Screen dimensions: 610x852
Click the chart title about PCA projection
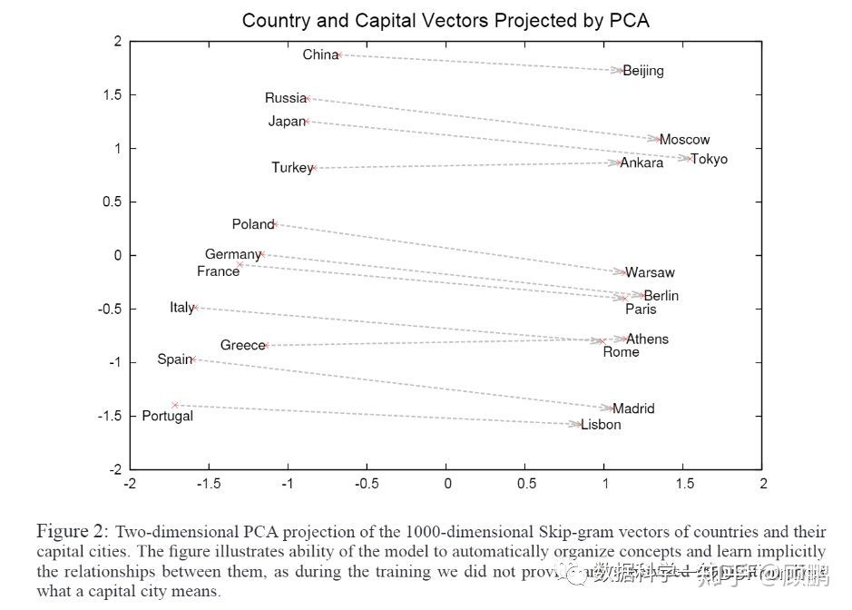pyautogui.click(x=446, y=20)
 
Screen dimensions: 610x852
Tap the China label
pyautogui.click(x=319, y=54)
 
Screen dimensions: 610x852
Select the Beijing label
pyautogui.click(x=643, y=71)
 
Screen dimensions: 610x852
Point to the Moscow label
pyautogui.click(x=684, y=140)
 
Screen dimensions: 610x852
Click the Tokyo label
pyautogui.click(x=710, y=160)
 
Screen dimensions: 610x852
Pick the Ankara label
pyautogui.click(x=642, y=163)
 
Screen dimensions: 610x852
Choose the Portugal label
pyautogui.click(x=167, y=416)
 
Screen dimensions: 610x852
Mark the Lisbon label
pyautogui.click(x=601, y=425)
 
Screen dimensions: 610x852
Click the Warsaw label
pyautogui.click(x=651, y=272)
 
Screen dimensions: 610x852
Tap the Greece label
pyautogui.click(x=242, y=345)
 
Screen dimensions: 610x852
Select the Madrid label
pyautogui.click(x=633, y=409)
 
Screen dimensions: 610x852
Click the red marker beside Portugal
pyautogui.click(x=175, y=405)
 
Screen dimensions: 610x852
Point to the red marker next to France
pyautogui.click(x=240, y=264)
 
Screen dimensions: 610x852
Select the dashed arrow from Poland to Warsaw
pyautogui.click(x=449, y=248)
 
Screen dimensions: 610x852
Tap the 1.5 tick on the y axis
pyautogui.click(x=111, y=95)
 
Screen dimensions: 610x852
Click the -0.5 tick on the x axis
pyautogui.click(x=367, y=484)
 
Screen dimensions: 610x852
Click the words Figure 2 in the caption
pyautogui.click(x=73, y=530)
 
